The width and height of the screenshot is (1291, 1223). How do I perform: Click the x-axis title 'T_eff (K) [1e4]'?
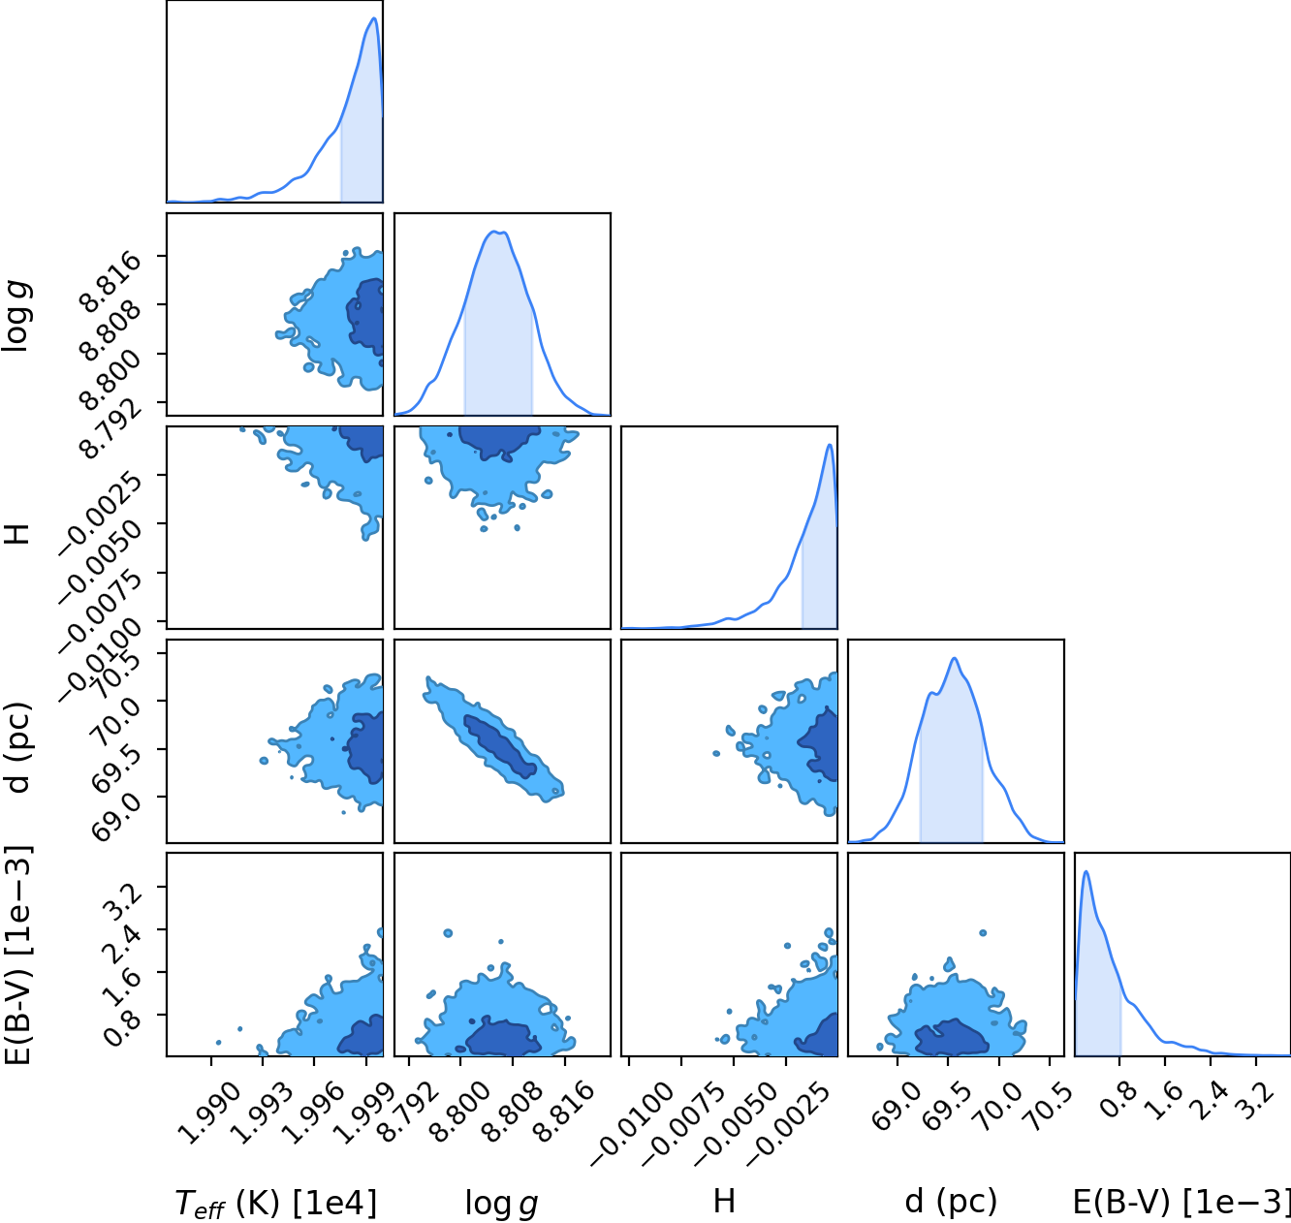[x=276, y=1203]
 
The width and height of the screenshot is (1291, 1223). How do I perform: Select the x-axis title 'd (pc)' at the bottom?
[x=951, y=1202]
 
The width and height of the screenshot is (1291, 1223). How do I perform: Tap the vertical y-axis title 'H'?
[x=17, y=533]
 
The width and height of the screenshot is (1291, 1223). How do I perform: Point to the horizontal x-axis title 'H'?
[x=724, y=1202]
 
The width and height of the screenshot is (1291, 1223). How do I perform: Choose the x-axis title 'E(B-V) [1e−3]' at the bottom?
[x=1181, y=1202]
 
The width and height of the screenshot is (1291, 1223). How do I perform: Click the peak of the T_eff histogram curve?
[x=374, y=17]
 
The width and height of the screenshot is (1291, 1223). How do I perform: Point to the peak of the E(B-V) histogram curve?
[x=1086, y=871]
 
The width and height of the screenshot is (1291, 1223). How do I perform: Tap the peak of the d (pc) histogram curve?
[x=954, y=658]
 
